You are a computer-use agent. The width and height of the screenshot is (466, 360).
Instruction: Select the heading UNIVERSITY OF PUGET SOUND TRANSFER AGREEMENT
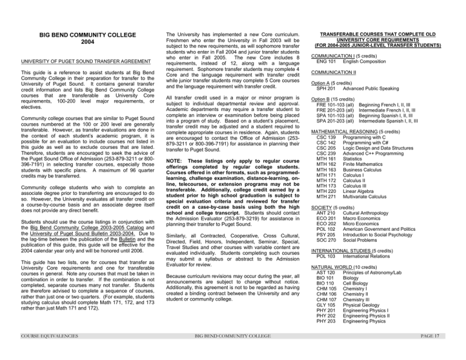click(x=77, y=61)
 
